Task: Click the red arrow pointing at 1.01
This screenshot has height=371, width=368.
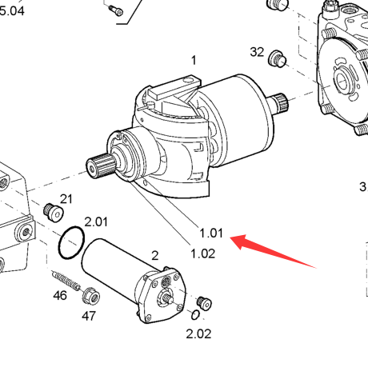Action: click(x=272, y=250)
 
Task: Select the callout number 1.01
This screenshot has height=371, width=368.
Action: click(x=211, y=233)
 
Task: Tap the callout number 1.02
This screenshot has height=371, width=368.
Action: click(x=202, y=253)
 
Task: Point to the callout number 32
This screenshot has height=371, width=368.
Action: click(x=257, y=52)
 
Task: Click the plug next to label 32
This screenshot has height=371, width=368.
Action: click(x=278, y=59)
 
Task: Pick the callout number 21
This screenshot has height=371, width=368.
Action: click(x=66, y=199)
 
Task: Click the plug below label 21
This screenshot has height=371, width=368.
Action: click(x=54, y=213)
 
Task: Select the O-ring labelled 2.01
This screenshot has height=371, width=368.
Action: click(x=71, y=242)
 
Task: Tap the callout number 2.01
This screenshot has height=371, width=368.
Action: click(x=96, y=221)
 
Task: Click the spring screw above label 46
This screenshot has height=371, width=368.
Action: click(x=66, y=281)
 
